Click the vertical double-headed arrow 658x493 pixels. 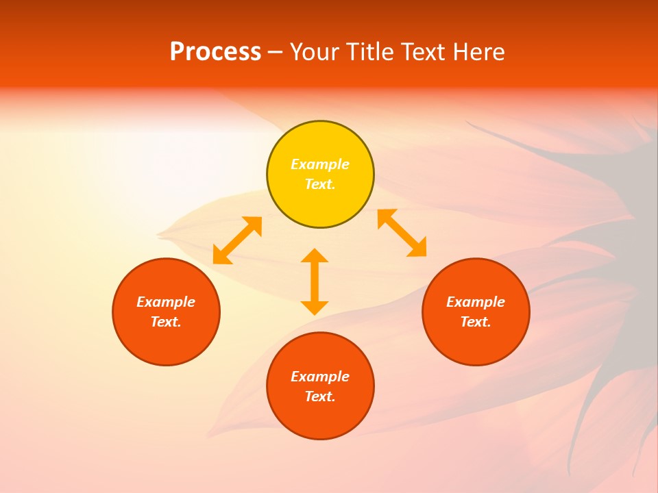(x=315, y=281)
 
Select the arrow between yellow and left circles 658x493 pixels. (x=237, y=240)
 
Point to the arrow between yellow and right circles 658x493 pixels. (x=402, y=233)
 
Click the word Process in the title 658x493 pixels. (x=215, y=52)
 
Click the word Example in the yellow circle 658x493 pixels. (x=320, y=164)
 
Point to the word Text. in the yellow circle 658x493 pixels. (x=320, y=184)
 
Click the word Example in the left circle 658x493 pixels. (x=166, y=302)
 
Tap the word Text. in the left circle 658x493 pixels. (x=166, y=322)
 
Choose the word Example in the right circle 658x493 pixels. (x=476, y=302)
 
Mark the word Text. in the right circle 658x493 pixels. (x=476, y=322)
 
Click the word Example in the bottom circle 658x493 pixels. (x=320, y=377)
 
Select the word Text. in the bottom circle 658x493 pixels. (x=320, y=396)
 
